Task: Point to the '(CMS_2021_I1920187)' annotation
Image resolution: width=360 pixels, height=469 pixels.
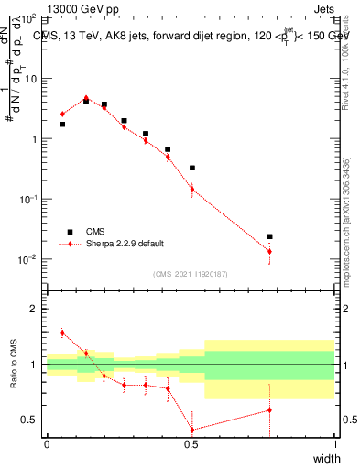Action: [x=191, y=273]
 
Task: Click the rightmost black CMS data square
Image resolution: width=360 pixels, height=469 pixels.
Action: [x=269, y=236]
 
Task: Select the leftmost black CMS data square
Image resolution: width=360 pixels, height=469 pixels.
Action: [x=62, y=124]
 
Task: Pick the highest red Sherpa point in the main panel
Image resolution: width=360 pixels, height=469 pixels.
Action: [x=86, y=97]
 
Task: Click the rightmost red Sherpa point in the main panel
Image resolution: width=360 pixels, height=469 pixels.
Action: [x=269, y=251]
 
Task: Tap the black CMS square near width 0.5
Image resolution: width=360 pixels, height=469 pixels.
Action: [x=191, y=168]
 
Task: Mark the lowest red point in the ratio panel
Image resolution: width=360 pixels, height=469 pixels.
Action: [x=191, y=430]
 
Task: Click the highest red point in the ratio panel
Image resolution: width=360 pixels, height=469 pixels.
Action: [x=62, y=333]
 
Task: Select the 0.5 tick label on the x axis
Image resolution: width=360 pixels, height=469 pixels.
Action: [x=191, y=444]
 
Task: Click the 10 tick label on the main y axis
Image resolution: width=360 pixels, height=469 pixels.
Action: [x=33, y=79]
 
